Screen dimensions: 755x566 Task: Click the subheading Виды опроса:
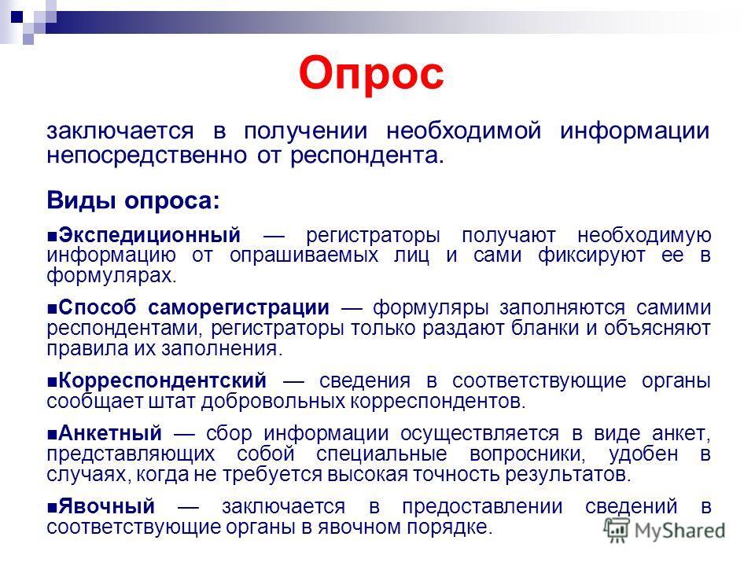click(x=134, y=200)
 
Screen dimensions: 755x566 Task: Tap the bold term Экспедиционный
click(x=149, y=235)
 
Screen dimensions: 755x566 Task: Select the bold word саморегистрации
click(x=239, y=308)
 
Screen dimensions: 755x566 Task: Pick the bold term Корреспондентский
click(x=162, y=380)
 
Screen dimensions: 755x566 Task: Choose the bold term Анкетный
click(x=110, y=434)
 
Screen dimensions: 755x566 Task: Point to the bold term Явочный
click(x=107, y=507)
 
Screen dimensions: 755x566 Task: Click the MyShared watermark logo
click(x=665, y=531)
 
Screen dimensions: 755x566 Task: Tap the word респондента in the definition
click(x=367, y=156)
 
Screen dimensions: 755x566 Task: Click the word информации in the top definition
click(x=635, y=131)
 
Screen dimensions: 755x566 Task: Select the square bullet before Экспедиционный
click(x=53, y=237)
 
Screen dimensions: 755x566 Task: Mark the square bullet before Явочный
click(x=53, y=507)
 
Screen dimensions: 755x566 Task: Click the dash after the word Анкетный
click(x=184, y=435)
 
